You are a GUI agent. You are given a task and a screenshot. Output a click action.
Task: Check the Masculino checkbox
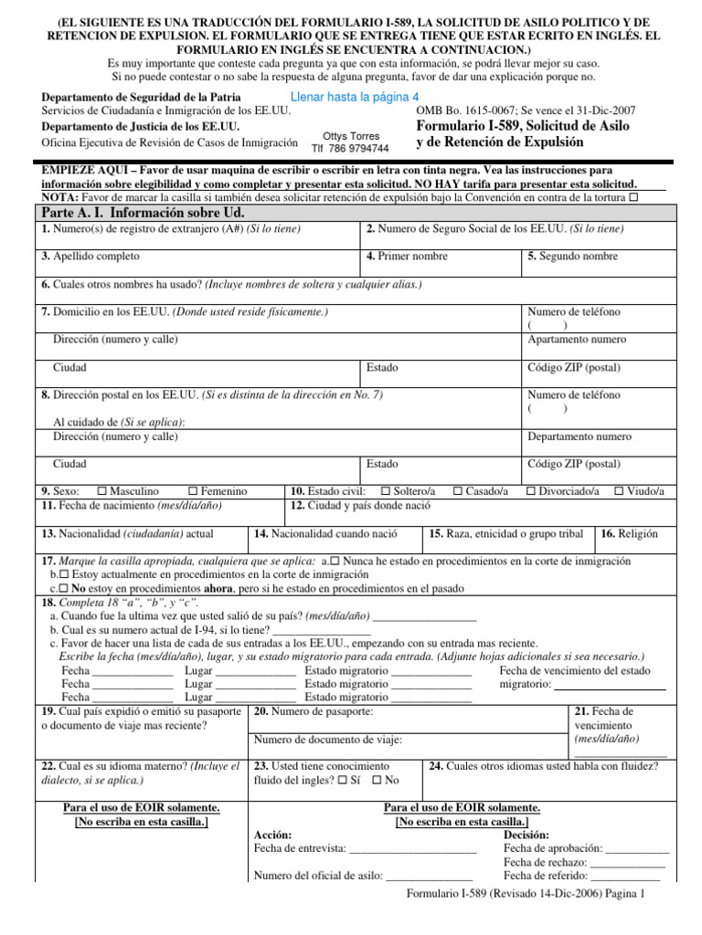[x=102, y=491]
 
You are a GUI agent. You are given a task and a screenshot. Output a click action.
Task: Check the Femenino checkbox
[x=193, y=491]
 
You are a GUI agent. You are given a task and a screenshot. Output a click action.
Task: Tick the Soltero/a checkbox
[x=386, y=491]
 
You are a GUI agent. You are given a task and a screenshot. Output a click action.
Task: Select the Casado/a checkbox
[x=458, y=491]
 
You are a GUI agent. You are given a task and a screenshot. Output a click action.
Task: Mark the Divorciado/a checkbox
[x=531, y=491]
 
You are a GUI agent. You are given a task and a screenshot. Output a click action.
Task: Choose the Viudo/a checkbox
[x=619, y=491]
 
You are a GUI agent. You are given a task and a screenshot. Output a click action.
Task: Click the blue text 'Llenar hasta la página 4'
[x=354, y=97]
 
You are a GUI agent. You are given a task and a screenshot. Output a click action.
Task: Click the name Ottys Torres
[x=351, y=135]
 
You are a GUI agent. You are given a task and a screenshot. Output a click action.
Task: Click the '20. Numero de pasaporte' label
[x=313, y=711]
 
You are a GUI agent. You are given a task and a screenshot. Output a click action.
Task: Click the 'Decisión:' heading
[x=526, y=835]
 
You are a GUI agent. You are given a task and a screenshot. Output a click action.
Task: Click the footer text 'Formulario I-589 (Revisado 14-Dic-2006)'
[x=502, y=896]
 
